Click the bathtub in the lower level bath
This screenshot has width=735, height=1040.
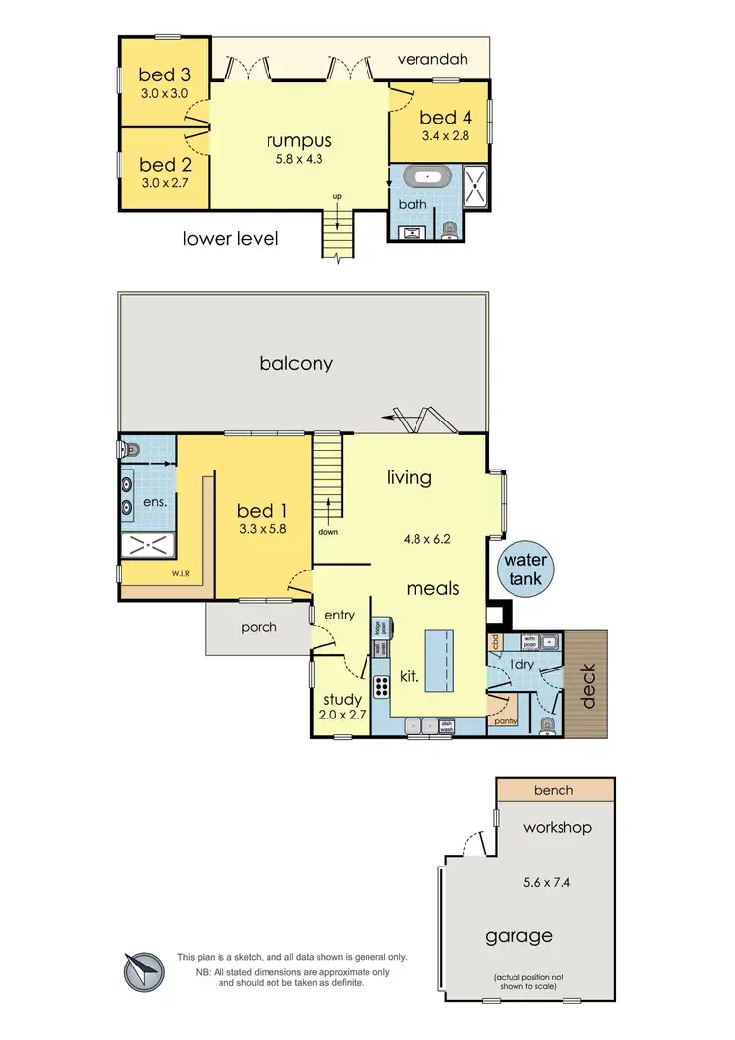click(425, 180)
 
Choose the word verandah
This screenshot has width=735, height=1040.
click(432, 59)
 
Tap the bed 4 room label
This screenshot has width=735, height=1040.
click(440, 120)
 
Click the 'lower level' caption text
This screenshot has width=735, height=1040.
click(231, 238)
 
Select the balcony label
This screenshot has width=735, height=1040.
click(296, 363)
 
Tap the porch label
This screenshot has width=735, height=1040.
click(259, 627)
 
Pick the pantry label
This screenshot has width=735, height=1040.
click(505, 721)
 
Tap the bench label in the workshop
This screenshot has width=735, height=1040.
click(555, 790)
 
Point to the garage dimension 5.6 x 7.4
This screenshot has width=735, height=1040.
click(526, 882)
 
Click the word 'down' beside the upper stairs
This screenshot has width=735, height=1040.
click(328, 532)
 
